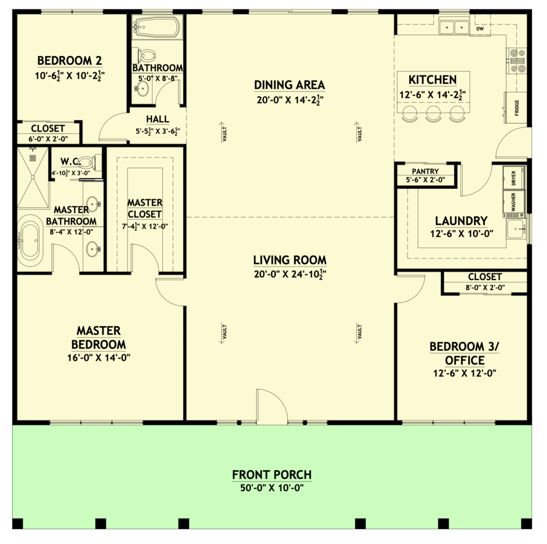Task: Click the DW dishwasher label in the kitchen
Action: (x=480, y=29)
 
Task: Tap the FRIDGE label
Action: (x=517, y=107)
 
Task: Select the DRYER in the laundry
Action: (x=513, y=178)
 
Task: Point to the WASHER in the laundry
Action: (x=513, y=201)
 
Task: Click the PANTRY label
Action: (x=425, y=172)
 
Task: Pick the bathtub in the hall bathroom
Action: (x=157, y=27)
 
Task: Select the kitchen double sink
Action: (x=454, y=27)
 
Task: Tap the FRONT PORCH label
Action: (x=272, y=475)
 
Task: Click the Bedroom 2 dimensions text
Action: (x=70, y=75)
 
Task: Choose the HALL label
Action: (x=158, y=119)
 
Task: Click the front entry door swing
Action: (x=272, y=406)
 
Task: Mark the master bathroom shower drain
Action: (x=33, y=158)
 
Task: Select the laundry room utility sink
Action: (x=517, y=229)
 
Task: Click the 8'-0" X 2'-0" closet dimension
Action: (x=485, y=288)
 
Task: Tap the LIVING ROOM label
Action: (x=290, y=260)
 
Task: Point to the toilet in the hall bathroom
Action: (x=147, y=56)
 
